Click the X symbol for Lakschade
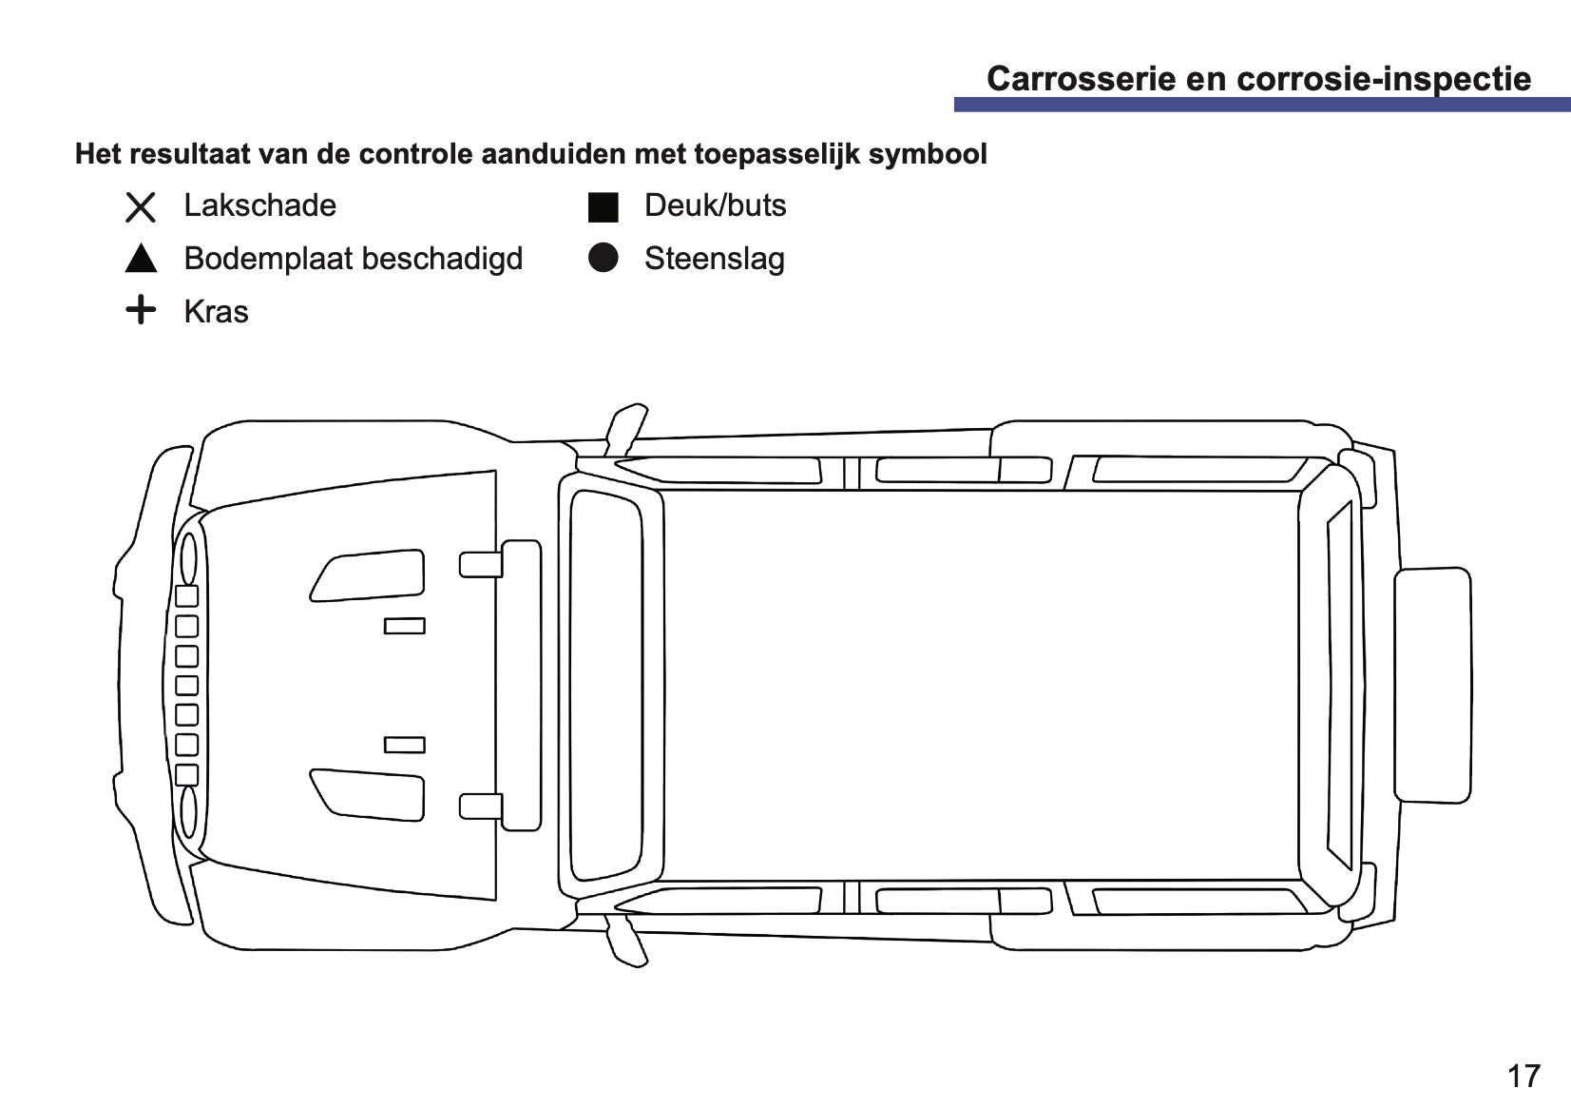[141, 207]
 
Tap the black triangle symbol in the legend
[141, 258]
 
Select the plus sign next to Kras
[141, 309]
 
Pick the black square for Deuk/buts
[603, 207]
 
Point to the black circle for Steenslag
[603, 258]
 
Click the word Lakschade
[260, 205]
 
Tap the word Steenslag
[715, 259]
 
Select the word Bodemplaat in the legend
[267, 259]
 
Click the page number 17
[1524, 1076]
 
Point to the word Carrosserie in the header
[1082, 79]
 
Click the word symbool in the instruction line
[928, 154]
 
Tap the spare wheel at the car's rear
[1432, 685]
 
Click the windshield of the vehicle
[606, 685]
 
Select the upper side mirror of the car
[625, 430]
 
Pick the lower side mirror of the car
[625, 941]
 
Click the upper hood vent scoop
[368, 575]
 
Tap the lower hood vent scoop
[368, 795]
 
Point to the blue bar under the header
[1262, 105]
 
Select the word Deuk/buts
[716, 205]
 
